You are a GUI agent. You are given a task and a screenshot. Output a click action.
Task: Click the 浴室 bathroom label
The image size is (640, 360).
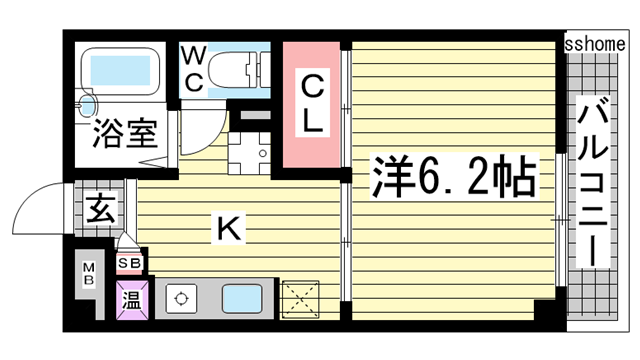(125, 134)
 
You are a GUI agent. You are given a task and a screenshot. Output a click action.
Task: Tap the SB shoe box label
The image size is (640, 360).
(129, 263)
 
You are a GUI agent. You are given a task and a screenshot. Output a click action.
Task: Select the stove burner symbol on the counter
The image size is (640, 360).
(180, 297)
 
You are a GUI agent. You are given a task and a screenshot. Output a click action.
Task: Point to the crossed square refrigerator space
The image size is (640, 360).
(301, 298)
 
